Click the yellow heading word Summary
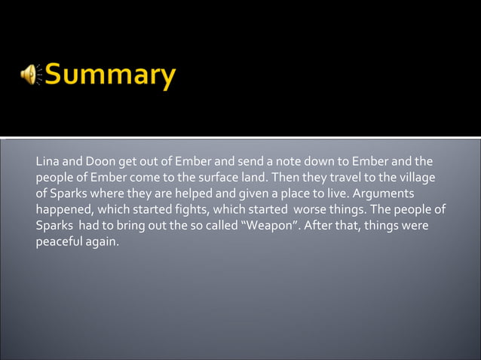[111, 76]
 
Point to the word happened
[63, 210]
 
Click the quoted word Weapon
[269, 226]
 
